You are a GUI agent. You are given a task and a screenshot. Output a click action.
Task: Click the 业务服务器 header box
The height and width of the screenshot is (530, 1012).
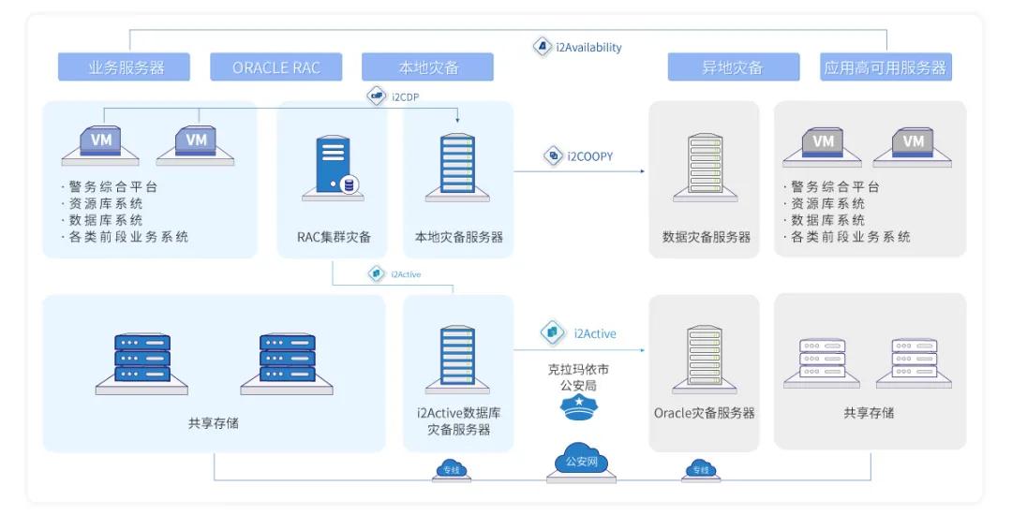click(125, 67)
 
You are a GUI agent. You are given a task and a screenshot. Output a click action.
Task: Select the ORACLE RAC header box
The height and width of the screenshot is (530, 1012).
click(275, 67)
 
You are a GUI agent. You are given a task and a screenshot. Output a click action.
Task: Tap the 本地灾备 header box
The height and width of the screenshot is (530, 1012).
click(427, 67)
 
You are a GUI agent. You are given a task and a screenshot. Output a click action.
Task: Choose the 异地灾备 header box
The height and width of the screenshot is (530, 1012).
click(733, 67)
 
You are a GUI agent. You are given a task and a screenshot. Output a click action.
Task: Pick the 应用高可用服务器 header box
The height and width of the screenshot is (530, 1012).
click(885, 67)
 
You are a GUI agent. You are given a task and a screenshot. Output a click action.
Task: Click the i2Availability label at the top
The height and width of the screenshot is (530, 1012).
click(588, 47)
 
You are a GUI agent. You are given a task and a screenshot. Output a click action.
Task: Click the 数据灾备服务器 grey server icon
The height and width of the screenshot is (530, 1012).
click(706, 169)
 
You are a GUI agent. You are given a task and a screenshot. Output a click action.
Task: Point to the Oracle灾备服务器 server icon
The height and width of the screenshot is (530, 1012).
click(705, 360)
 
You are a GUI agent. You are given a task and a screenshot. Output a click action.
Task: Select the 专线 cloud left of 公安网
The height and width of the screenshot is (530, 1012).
click(452, 469)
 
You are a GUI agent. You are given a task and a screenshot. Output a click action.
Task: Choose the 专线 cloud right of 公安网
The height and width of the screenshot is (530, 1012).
click(700, 469)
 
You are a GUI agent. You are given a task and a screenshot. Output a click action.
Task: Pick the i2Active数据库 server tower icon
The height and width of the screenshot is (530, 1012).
click(456, 360)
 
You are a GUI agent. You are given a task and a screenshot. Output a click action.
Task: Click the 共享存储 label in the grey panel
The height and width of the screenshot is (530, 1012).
click(869, 413)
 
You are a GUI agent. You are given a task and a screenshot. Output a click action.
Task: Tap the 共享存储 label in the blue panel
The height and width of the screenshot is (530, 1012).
click(214, 422)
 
